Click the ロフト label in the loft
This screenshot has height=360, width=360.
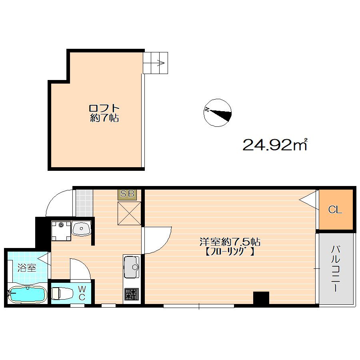coord(104,108)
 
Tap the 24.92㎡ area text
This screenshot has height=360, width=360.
coord(275,145)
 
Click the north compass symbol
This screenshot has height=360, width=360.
coord(218,113)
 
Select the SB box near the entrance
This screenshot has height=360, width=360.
coord(127,194)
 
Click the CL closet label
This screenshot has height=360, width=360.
coord(335,209)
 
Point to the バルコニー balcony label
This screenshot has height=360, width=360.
coord(336,268)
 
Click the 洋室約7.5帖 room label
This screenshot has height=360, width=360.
coord(230,242)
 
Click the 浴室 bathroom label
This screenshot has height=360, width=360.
coord(27,268)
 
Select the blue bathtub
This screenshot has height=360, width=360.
coord(27,294)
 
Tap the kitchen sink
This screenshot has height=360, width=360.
coord(132,267)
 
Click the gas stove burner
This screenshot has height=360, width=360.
coord(132,294)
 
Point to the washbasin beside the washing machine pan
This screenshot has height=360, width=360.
coord(81,228)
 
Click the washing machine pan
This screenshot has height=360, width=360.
coord(61,230)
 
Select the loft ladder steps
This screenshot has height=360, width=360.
coord(156,63)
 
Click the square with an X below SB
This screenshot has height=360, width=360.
coord(129,213)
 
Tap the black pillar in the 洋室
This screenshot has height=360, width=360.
coord(261,298)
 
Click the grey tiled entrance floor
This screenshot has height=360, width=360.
coord(84,203)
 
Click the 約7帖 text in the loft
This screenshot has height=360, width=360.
coord(104,118)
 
